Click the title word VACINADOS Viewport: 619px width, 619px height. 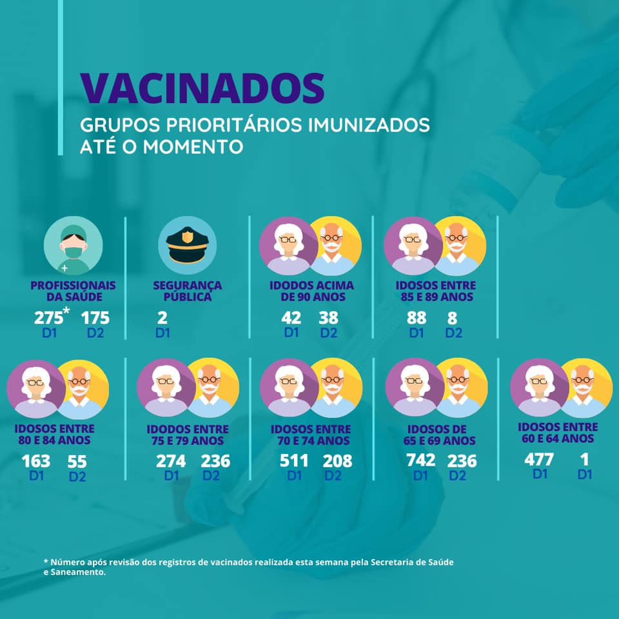coord(202,88)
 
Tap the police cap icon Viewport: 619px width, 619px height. coord(188,245)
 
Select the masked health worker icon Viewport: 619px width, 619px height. coord(73,246)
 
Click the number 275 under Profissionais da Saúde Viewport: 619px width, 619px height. coord(48,318)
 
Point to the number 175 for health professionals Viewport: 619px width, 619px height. coord(95,318)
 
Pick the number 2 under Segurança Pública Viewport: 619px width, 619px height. coord(162,318)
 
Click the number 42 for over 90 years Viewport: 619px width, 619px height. coord(291,318)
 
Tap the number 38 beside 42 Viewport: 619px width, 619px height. coord(328,318)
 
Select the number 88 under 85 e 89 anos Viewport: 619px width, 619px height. coord(417,318)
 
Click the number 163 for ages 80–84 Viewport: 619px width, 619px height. coord(36,462)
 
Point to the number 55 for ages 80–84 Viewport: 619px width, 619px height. coord(77,462)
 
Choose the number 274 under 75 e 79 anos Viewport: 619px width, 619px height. coord(171,462)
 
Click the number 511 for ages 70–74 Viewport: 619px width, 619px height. coord(294,461)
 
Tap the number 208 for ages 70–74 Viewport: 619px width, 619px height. coord(337,461)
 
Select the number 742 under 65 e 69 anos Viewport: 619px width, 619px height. coord(421,460)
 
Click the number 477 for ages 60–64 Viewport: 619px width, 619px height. coord(539,460)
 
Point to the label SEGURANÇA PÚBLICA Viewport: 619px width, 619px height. coord(188,291)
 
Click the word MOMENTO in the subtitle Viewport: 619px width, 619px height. coord(193,146)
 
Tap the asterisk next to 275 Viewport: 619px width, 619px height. coord(66,310)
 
